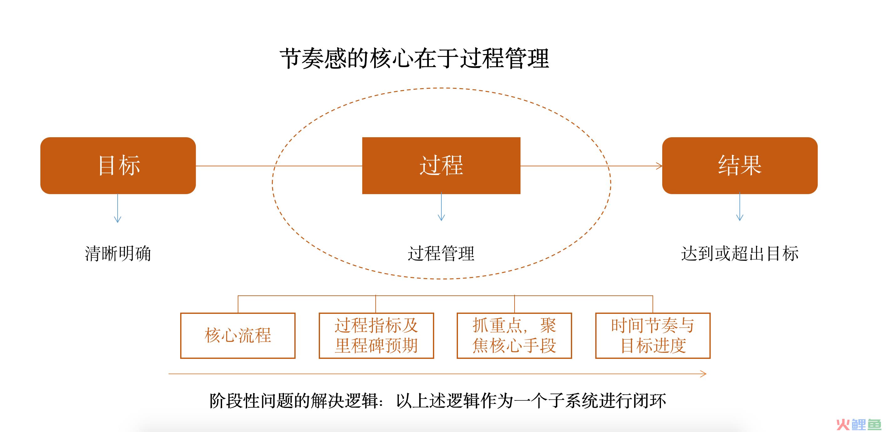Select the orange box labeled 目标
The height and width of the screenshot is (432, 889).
point(118,165)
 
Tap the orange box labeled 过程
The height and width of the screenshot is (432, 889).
point(441,165)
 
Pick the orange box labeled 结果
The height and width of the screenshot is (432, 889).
point(739,165)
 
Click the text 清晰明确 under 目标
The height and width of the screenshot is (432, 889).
point(118,254)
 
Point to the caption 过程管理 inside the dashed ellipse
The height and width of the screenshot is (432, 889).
point(441,254)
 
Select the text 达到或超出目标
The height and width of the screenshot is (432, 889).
point(739,254)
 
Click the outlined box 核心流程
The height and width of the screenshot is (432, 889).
point(238,335)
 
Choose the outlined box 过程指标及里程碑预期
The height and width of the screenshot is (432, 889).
point(376,335)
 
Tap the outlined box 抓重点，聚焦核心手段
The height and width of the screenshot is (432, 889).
point(514,335)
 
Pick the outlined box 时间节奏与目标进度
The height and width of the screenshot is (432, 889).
point(653,335)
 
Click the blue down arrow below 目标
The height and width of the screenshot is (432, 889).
point(118,208)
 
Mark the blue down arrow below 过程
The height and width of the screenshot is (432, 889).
point(441,207)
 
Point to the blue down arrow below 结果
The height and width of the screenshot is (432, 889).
point(739,207)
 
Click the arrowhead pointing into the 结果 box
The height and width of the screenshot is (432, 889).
point(659,166)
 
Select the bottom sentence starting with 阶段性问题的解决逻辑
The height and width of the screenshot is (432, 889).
point(438,401)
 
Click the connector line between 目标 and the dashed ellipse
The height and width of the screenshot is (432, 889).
point(235,166)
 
